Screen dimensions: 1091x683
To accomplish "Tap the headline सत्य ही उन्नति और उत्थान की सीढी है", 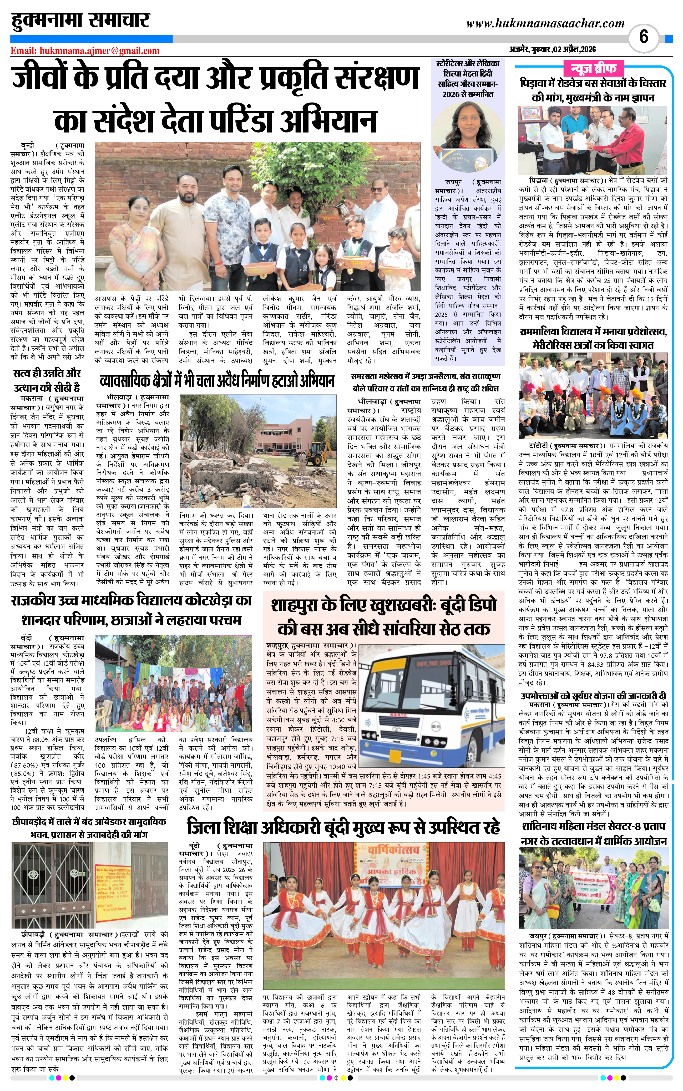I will (47, 380).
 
